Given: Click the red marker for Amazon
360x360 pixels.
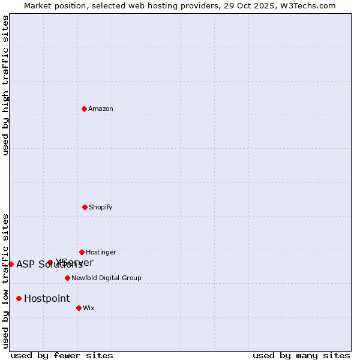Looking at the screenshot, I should coord(85,109).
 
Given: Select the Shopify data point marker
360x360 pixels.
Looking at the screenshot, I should coord(85,207).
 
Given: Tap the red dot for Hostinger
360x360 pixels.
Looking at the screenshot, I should coord(82,252).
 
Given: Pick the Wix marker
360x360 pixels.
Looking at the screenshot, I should coord(79,308).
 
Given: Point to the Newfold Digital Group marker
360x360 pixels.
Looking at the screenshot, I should coord(67,278).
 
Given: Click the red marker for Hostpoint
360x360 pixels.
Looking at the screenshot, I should coord(19,298).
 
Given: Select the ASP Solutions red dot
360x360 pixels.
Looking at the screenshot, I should coord(11,264).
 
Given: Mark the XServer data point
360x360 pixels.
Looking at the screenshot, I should coord(50,262).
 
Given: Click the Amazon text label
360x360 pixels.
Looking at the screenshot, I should coord(101,109).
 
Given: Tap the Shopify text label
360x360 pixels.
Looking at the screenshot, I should coord(101,208).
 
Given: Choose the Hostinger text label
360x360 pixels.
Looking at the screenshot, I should coord(101,253).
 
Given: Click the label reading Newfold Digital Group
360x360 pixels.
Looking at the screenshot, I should coord(106,278).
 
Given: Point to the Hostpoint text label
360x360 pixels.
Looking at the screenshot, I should coord(47,299).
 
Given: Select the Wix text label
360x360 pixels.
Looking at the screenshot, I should coord(89,308).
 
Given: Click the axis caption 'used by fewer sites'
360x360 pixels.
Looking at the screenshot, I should coord(62,355).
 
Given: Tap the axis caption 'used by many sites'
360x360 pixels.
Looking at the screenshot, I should coord(301,355).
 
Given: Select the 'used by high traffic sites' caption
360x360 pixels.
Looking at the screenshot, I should coord(6,85).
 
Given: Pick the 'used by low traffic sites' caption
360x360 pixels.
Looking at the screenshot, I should coord(6,281).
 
